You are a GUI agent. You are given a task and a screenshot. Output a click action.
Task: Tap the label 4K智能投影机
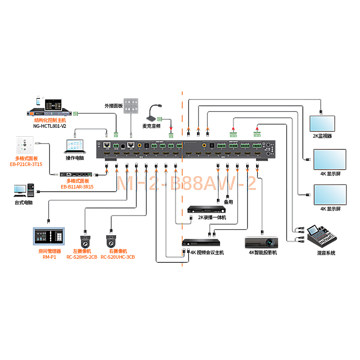(263, 253)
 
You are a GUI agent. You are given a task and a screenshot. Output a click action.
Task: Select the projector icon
(262, 242)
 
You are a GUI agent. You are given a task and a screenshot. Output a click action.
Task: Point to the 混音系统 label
(326, 253)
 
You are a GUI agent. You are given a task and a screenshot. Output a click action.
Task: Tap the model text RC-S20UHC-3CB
(118, 257)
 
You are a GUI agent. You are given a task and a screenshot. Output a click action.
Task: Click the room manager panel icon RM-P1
(49, 238)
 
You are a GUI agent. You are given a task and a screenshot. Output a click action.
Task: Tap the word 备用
(228, 202)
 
